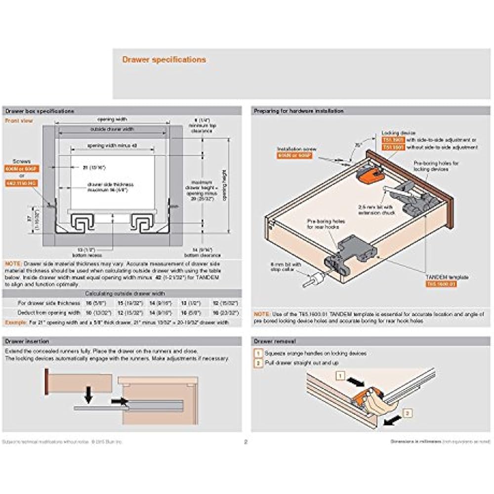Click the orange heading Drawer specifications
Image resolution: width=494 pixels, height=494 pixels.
pyautogui.click(x=164, y=60)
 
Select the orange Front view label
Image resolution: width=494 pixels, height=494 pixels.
pyautogui.click(x=18, y=120)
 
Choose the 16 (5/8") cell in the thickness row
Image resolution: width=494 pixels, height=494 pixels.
pyautogui.click(x=90, y=302)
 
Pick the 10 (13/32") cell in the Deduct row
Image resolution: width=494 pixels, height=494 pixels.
pyautogui.click(x=90, y=313)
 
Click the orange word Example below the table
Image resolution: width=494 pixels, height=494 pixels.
pyautogui.click(x=15, y=322)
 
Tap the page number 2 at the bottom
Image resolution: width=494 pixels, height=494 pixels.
pyautogui.click(x=246, y=442)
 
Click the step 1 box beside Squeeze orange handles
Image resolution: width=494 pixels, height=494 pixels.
pyautogui.click(x=257, y=353)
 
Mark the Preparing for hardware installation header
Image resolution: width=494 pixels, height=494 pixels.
pyautogui.click(x=298, y=111)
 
